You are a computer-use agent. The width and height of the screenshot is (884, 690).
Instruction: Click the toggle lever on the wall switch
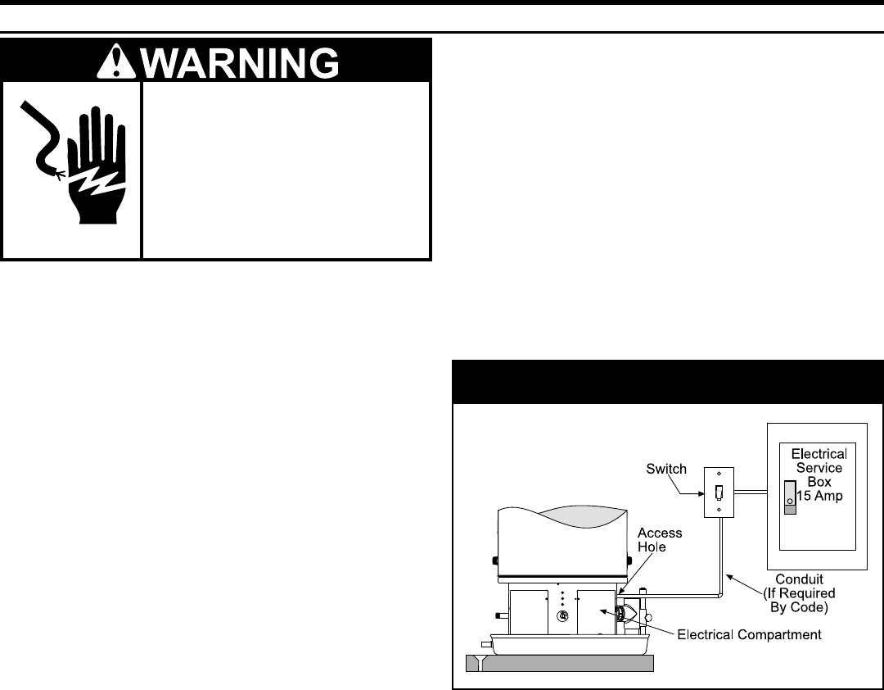tap(719, 493)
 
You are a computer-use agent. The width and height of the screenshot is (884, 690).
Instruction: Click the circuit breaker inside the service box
tap(789, 497)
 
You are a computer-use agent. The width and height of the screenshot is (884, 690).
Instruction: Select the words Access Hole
tap(660, 540)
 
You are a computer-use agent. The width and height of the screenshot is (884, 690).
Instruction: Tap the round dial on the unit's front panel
tap(562, 615)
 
